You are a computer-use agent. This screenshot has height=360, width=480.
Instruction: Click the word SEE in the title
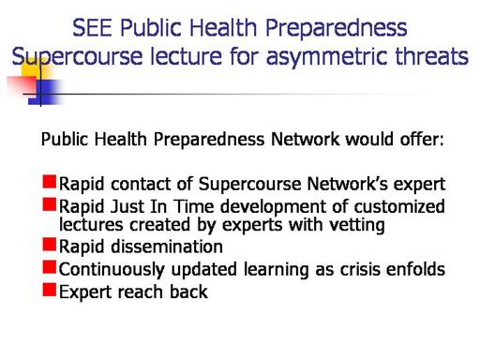pos(92,27)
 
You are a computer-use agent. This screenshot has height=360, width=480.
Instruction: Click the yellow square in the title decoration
pos(35,69)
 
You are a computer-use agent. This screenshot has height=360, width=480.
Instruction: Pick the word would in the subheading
pos(369,139)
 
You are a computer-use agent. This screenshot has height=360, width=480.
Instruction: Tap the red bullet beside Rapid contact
pos(50,182)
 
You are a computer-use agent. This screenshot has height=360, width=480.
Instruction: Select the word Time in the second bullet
pos(194,206)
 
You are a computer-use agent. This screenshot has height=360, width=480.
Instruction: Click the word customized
pos(399,206)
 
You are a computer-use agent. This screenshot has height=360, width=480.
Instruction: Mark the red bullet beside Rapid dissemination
pos(50,244)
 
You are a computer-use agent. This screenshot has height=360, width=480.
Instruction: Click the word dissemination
pos(167,247)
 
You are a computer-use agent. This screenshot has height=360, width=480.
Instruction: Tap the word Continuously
pos(112,270)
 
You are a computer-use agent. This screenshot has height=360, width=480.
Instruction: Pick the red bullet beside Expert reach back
pos(50,290)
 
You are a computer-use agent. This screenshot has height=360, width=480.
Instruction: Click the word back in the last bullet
pos(188,292)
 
